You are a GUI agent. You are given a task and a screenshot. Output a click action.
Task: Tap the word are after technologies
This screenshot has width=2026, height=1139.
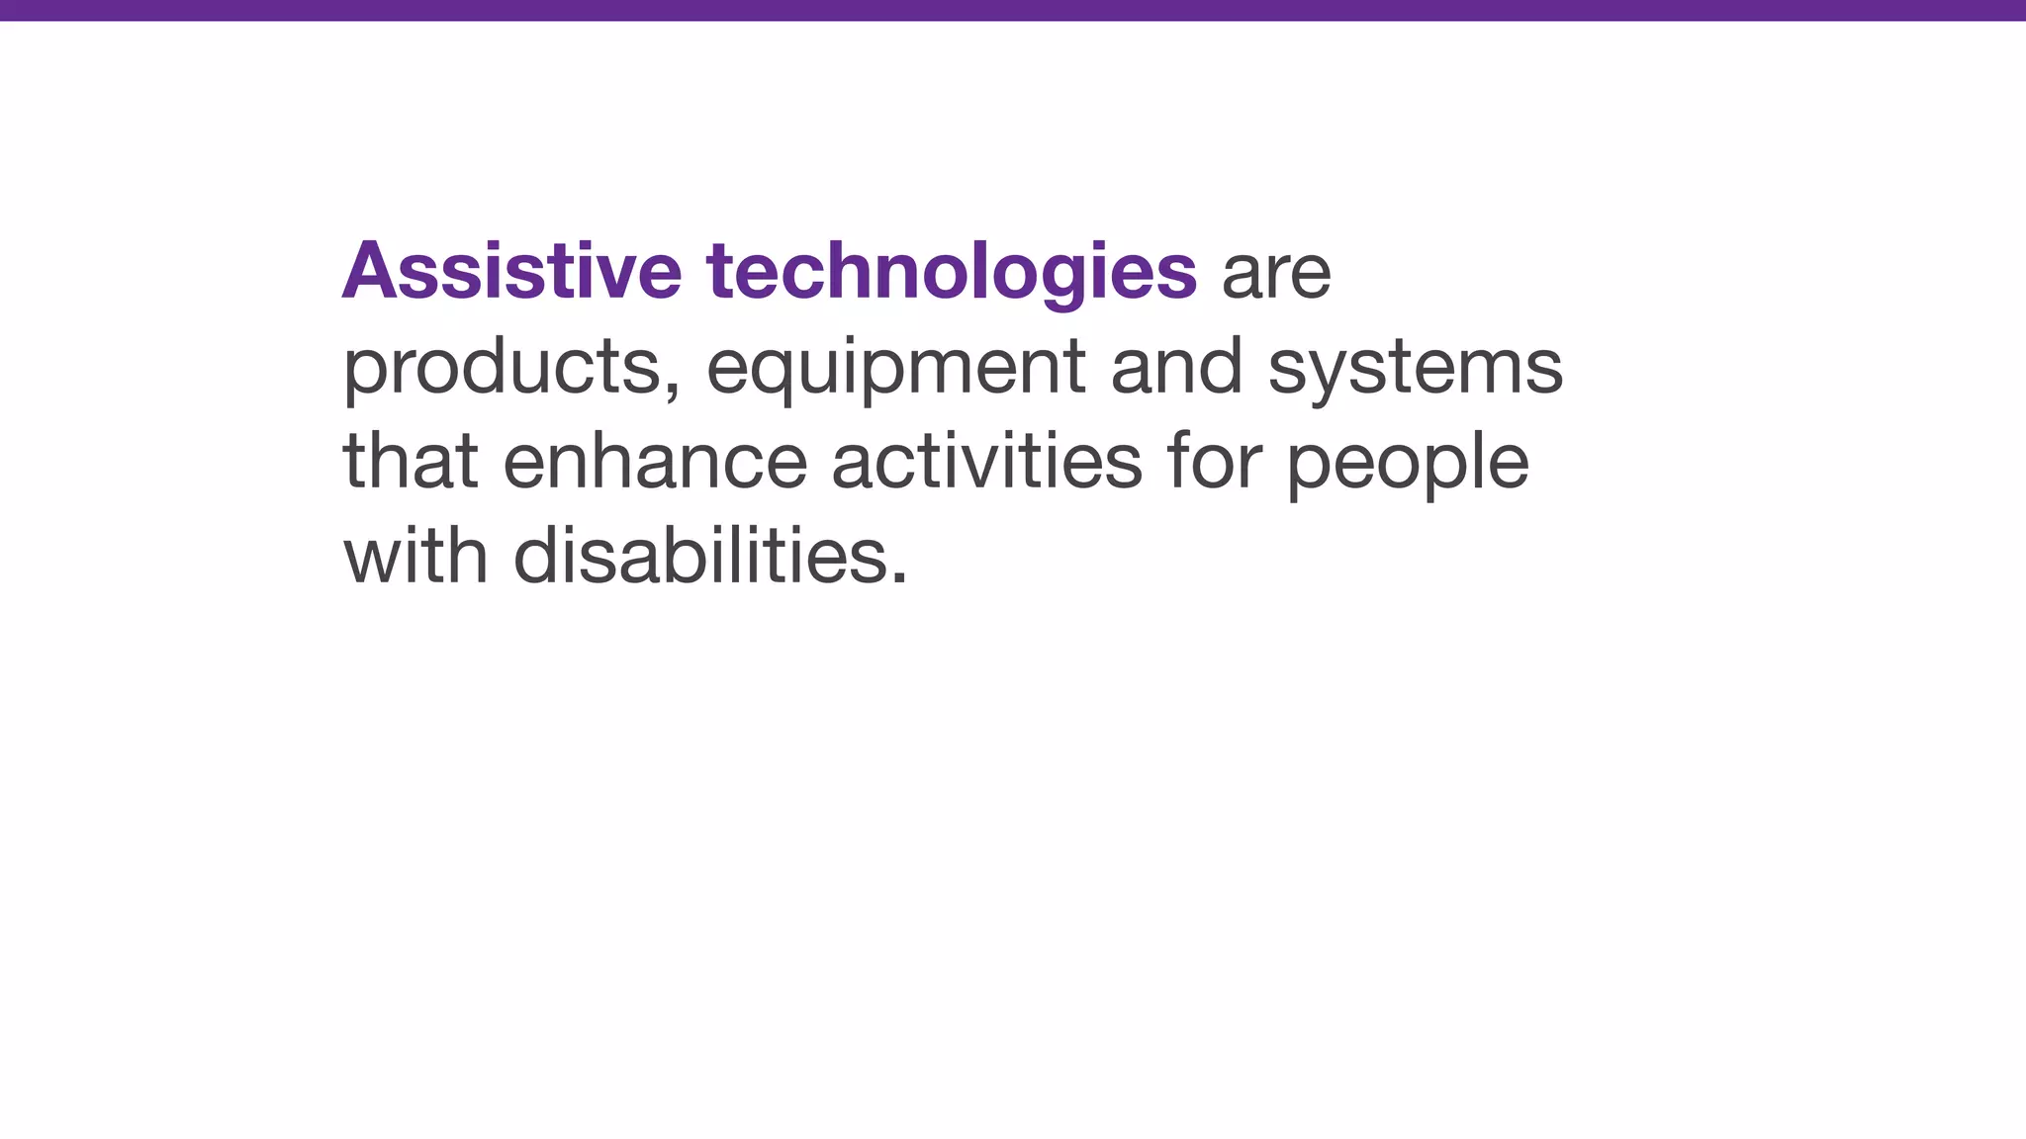click(1276, 274)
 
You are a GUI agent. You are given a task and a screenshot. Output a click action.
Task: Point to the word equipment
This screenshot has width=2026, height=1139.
click(896, 368)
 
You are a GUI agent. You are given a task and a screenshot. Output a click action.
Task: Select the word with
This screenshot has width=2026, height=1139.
click(415, 555)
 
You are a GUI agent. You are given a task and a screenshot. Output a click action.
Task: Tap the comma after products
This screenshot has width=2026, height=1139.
click(673, 391)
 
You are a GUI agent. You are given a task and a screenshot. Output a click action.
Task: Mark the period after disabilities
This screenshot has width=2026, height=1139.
click(898, 579)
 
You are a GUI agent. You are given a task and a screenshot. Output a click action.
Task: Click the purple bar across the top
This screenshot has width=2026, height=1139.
click(1013, 10)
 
